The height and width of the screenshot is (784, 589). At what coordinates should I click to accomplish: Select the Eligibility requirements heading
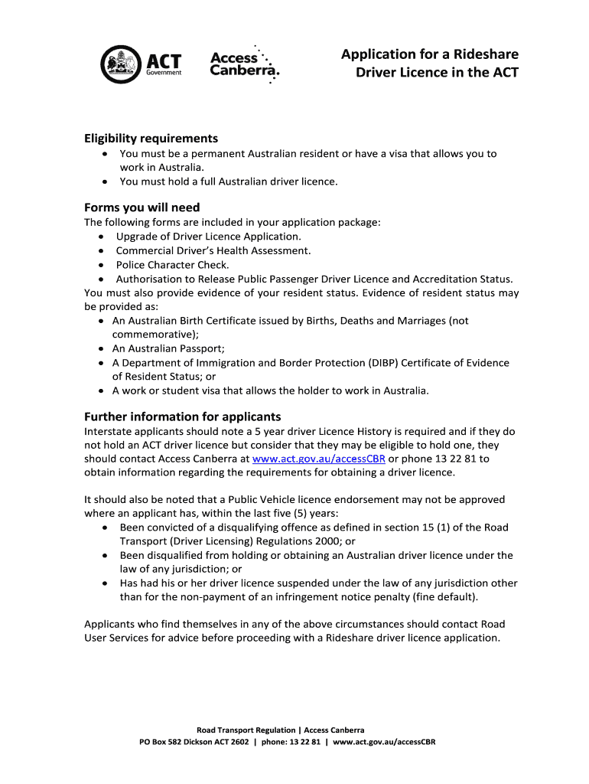[x=151, y=139]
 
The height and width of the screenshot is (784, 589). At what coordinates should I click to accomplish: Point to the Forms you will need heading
[x=142, y=207]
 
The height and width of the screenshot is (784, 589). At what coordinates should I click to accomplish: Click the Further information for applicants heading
[x=182, y=417]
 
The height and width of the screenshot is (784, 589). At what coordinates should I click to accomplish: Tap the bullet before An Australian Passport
[x=102, y=349]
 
